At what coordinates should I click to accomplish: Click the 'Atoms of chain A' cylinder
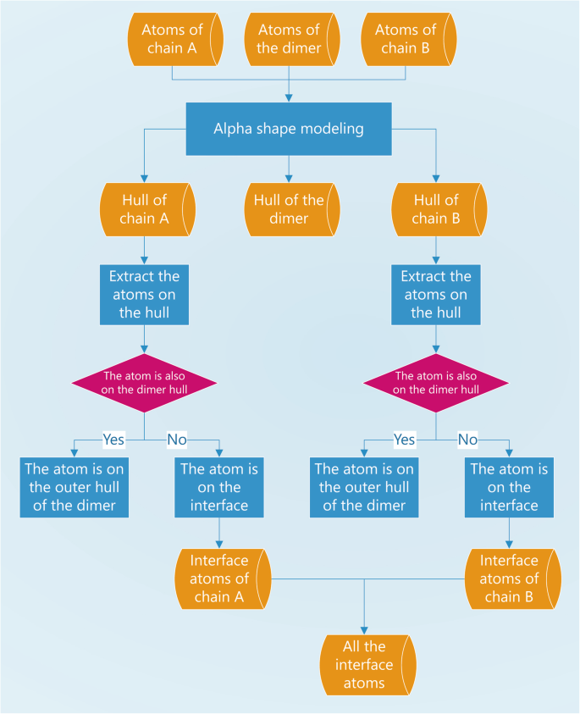[174, 39]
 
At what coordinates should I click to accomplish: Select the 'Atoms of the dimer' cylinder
[289, 39]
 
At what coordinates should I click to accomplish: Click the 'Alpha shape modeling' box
[289, 130]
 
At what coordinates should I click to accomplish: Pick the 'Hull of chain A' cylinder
[146, 209]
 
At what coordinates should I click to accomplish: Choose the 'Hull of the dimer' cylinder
[289, 209]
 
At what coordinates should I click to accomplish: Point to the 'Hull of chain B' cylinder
[435, 209]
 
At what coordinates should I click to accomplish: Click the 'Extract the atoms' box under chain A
[145, 295]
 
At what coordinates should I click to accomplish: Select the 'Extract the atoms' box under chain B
[436, 295]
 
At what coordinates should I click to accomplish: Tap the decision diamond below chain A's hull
[145, 382]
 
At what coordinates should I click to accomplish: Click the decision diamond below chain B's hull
[436, 382]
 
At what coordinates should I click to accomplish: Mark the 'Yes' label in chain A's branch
[113, 440]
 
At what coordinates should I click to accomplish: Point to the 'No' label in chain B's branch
[467, 440]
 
